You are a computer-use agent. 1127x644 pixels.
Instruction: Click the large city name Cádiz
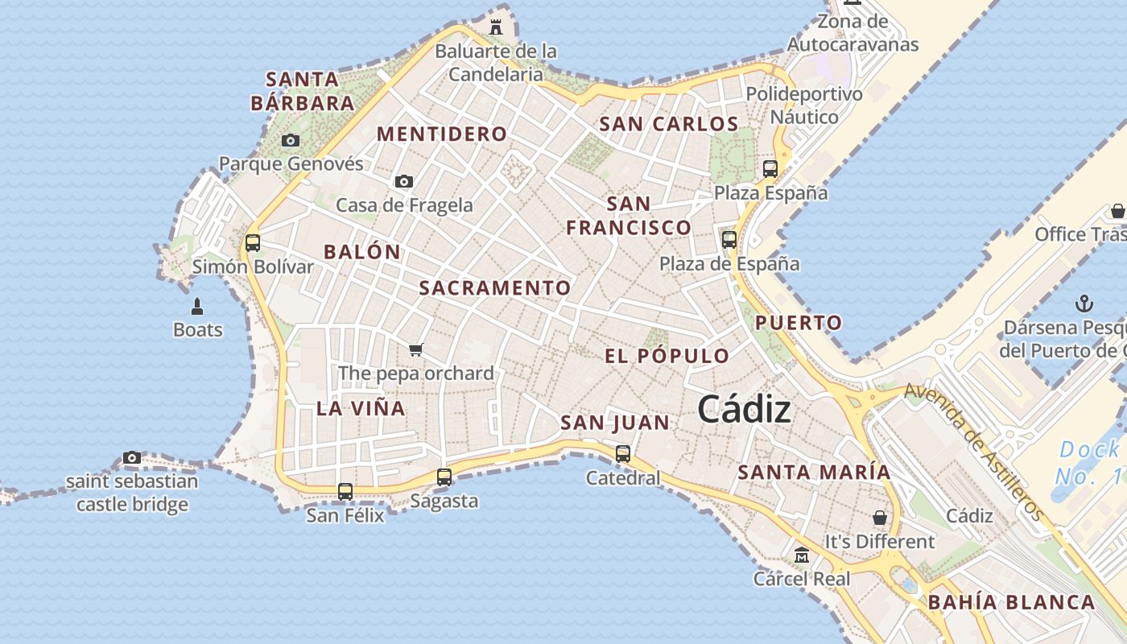point(744,410)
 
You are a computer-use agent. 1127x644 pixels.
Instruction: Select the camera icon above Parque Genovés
point(291,141)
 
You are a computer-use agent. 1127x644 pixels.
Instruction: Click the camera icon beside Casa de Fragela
point(404,182)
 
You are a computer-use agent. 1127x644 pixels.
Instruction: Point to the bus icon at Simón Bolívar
point(253,242)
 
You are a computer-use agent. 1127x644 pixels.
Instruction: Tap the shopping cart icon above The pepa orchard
point(416,349)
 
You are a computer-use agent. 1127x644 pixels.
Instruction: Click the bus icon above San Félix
point(345,491)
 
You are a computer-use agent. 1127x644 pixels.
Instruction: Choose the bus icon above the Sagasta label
point(444,477)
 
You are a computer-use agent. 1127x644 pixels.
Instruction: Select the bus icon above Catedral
point(623,454)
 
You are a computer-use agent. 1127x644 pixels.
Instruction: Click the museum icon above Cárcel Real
point(802,555)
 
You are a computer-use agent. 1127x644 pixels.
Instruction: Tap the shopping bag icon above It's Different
point(880,518)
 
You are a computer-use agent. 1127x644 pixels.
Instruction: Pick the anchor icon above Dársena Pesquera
point(1084,304)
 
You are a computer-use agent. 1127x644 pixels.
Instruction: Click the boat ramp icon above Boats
point(197,307)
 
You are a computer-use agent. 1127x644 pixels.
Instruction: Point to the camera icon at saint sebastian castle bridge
point(132,458)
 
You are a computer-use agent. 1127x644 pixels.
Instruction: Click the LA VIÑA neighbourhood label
point(361,408)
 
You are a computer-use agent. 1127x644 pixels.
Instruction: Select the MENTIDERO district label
point(442,134)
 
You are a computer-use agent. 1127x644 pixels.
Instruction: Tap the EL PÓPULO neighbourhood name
point(667,356)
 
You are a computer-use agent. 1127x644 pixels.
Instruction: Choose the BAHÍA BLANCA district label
point(1011,602)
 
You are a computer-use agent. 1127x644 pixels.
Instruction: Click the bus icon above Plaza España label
point(770,169)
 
